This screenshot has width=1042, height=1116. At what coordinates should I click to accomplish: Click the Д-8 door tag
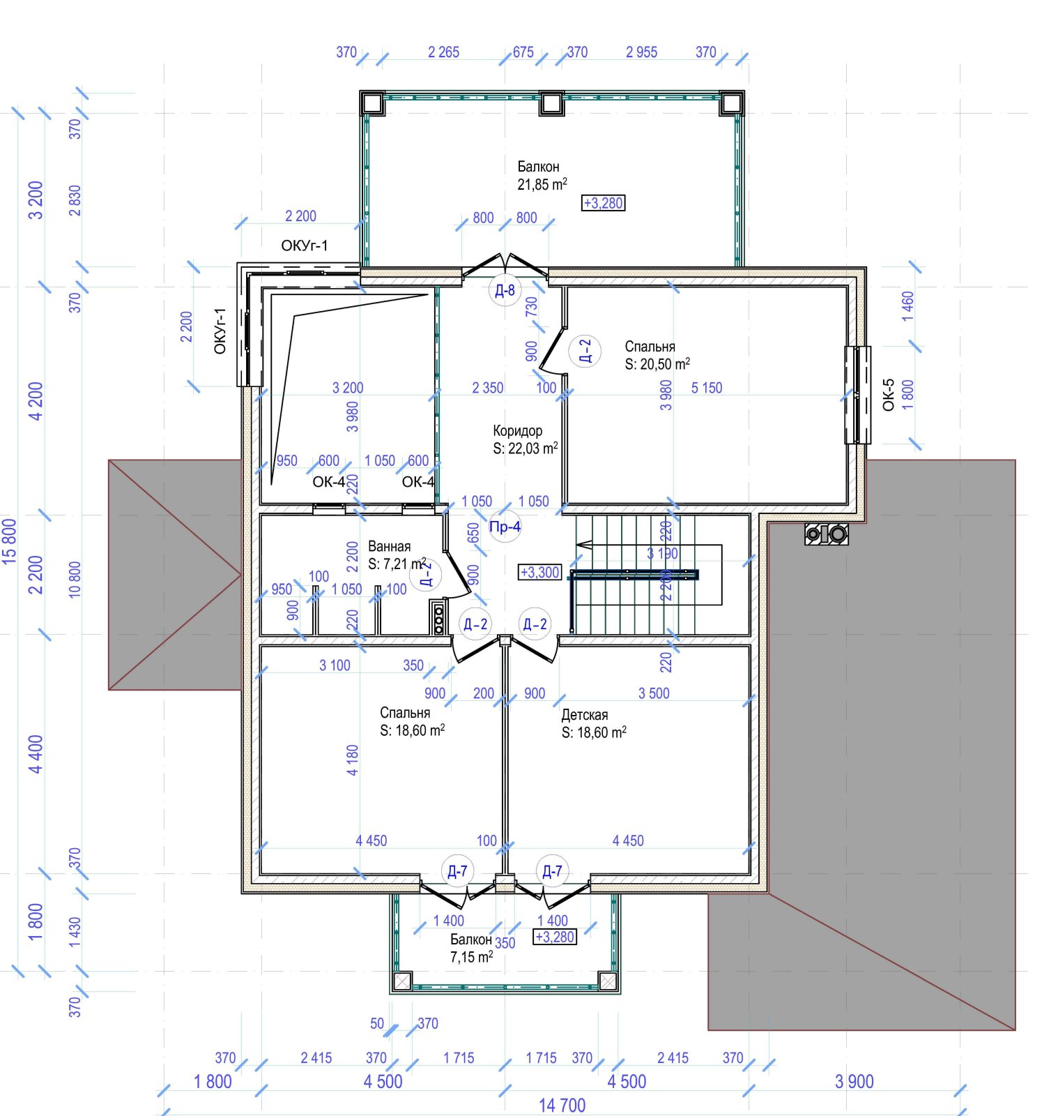(505, 290)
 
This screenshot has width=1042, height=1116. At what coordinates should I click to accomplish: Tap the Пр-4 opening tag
(505, 527)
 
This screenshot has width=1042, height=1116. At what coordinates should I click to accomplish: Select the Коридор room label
(517, 431)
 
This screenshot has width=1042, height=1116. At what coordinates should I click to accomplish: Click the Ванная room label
(389, 546)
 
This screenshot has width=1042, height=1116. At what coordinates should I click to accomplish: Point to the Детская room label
(584, 715)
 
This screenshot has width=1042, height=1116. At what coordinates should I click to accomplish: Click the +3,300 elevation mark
(540, 573)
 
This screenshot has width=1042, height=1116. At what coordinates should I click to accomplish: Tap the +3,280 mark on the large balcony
(604, 203)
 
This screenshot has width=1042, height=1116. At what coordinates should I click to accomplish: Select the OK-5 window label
(888, 395)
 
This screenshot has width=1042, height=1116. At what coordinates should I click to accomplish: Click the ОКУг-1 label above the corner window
(305, 246)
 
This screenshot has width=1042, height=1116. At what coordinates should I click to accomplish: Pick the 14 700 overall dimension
(562, 1106)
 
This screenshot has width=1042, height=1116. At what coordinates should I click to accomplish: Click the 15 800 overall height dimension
(10, 541)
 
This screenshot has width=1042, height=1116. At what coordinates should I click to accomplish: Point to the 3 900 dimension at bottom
(854, 1082)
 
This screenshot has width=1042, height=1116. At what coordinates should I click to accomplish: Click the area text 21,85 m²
(542, 185)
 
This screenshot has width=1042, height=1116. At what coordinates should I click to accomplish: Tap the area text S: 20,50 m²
(657, 364)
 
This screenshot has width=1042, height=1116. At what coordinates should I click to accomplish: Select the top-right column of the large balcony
(731, 103)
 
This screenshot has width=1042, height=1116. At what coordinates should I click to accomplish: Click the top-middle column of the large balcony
(551, 103)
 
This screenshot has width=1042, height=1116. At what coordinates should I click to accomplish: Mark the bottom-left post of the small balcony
(402, 981)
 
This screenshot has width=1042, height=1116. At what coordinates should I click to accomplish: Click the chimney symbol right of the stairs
(827, 534)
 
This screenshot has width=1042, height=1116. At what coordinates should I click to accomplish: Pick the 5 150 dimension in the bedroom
(706, 388)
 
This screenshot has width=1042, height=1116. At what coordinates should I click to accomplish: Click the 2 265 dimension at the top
(443, 52)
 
